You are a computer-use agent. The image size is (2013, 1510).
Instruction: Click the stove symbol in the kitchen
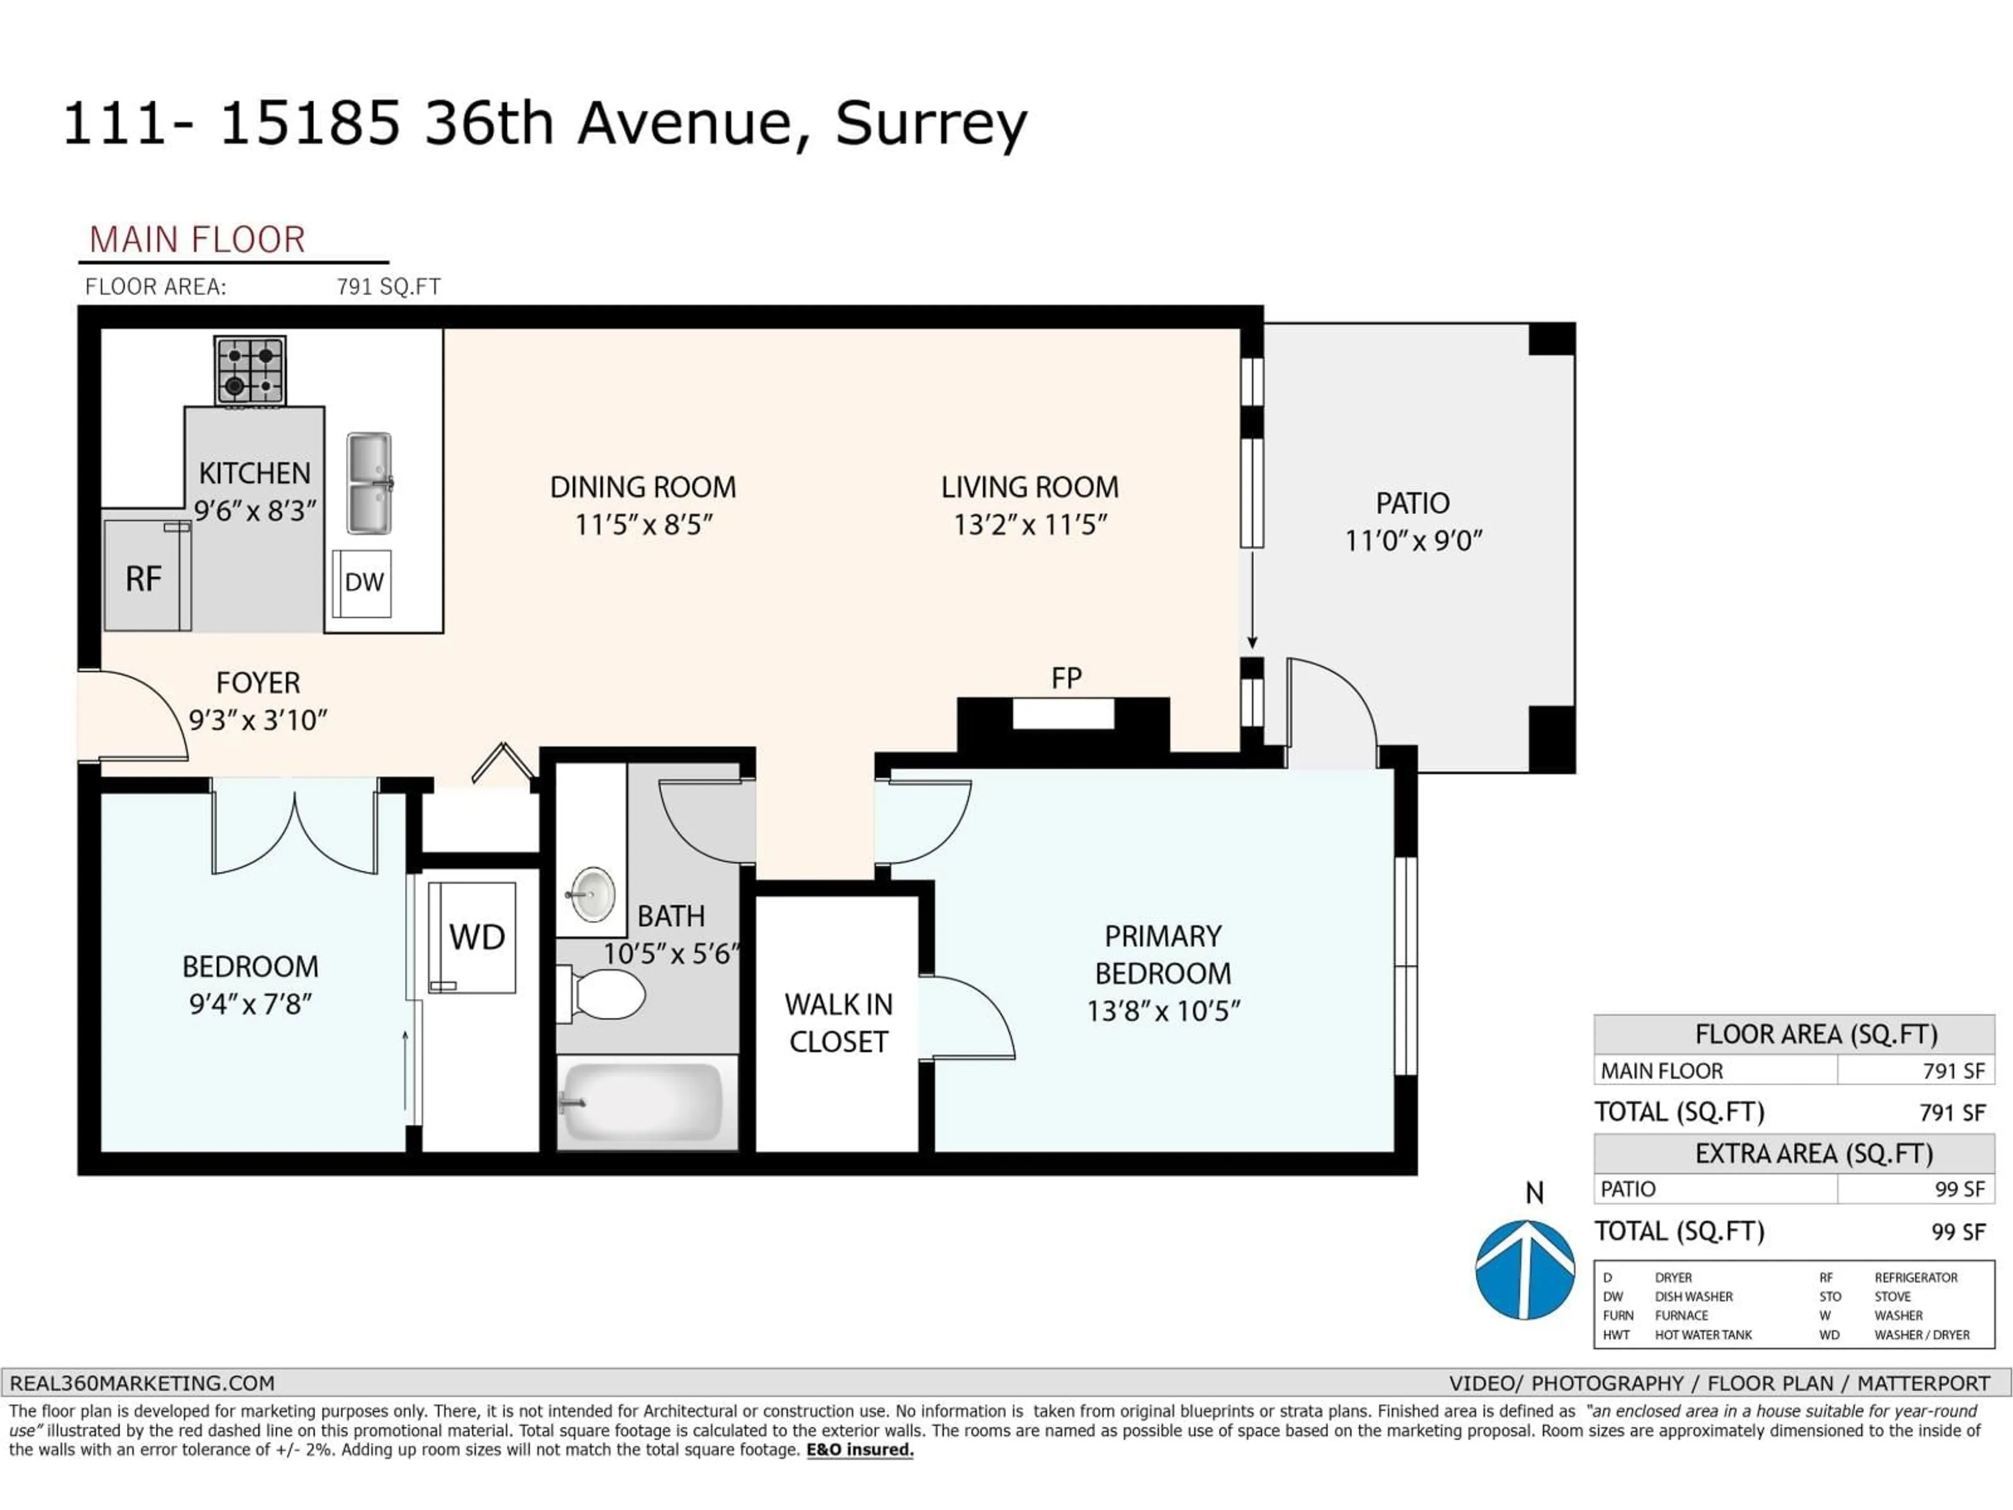250,371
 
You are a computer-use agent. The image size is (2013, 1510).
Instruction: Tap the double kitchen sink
370,483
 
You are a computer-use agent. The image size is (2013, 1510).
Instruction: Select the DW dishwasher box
362,583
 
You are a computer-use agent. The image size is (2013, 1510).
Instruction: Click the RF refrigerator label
144,579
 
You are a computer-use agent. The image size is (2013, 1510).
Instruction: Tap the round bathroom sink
592,894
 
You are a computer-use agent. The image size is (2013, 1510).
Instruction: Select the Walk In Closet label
838,1023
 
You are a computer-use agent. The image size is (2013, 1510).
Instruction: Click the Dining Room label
643,487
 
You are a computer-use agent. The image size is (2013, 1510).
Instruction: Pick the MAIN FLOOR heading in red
198,240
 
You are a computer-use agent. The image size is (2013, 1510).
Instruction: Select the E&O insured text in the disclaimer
859,1450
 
